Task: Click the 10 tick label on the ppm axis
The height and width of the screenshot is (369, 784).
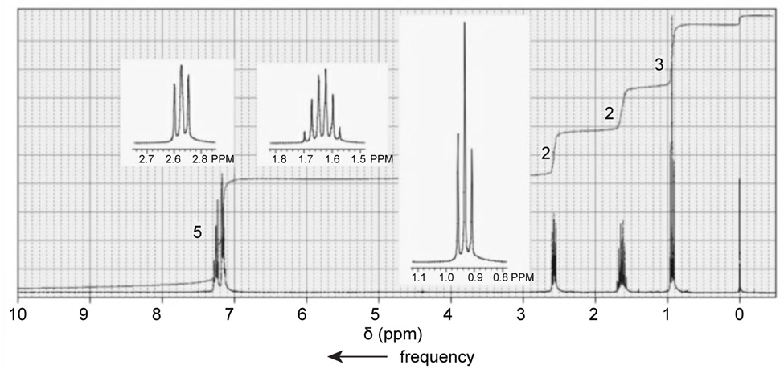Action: click(x=16, y=313)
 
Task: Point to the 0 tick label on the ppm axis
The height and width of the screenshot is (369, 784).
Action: click(x=739, y=313)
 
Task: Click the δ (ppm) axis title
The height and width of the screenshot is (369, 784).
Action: click(x=389, y=332)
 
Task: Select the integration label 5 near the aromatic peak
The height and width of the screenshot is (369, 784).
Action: click(x=197, y=232)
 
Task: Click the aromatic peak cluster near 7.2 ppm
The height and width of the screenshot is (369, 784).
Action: click(x=220, y=241)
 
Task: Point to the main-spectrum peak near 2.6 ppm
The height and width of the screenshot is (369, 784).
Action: click(x=554, y=253)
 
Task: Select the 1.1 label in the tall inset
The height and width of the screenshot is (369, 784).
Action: click(x=419, y=277)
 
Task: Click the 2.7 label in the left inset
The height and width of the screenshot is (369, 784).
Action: click(x=146, y=160)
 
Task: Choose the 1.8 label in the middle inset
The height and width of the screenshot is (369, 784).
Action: click(x=279, y=160)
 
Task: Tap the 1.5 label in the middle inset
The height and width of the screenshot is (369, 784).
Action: click(x=358, y=160)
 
